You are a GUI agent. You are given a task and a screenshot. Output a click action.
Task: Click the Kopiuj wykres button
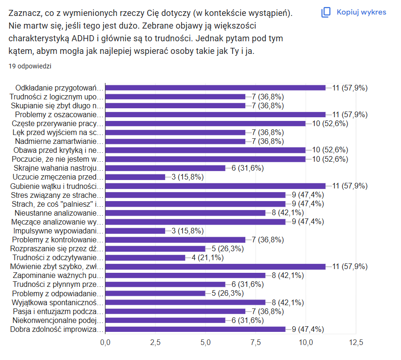tap(354, 12)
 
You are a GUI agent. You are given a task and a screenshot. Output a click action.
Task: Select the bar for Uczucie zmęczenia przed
tap(135, 177)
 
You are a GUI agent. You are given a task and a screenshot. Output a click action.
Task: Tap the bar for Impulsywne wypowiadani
tap(135, 231)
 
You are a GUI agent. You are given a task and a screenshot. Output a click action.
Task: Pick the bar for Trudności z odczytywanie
tap(145, 257)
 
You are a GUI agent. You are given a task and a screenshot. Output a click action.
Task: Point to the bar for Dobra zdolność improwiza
tap(195, 329)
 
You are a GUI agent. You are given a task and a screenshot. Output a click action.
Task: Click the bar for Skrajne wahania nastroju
tap(165, 168)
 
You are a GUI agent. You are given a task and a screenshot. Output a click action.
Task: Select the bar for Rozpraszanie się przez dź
tap(155, 248)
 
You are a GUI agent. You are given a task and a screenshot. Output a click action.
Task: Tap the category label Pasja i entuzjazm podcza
tap(57, 311)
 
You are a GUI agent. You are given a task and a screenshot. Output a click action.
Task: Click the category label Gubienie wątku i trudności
tap(56, 186)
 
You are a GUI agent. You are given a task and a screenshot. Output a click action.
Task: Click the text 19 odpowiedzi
tap(30, 66)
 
